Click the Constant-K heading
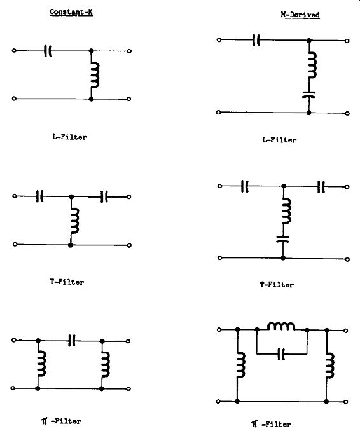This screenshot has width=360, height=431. point(71,12)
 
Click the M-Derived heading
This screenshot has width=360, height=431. point(300,15)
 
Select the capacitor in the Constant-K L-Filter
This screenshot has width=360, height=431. point(48,51)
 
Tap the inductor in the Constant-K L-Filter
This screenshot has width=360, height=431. point(95,75)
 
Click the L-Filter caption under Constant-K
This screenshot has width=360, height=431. point(69,137)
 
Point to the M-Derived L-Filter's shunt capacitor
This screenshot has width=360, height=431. point(309,95)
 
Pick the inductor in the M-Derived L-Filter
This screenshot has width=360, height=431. point(312,65)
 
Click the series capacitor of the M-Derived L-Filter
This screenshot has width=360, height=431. point(256,41)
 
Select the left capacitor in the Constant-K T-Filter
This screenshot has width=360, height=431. point(39,196)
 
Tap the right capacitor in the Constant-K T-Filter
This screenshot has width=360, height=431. point(104,196)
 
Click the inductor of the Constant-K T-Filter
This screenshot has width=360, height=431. point(74,221)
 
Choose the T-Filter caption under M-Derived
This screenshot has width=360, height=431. point(277,285)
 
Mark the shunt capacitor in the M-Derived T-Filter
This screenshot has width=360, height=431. point(282,239)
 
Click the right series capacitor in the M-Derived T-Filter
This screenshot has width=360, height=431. point(321,187)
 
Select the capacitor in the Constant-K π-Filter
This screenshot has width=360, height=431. point(71,341)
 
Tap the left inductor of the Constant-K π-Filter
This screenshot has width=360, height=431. point(42,364)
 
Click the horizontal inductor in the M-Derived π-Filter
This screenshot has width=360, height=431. point(281,326)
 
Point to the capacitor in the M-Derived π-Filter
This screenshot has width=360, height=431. point(281,353)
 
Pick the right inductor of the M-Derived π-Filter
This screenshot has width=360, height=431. point(330,366)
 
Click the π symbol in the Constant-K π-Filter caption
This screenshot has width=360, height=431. point(45,421)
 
